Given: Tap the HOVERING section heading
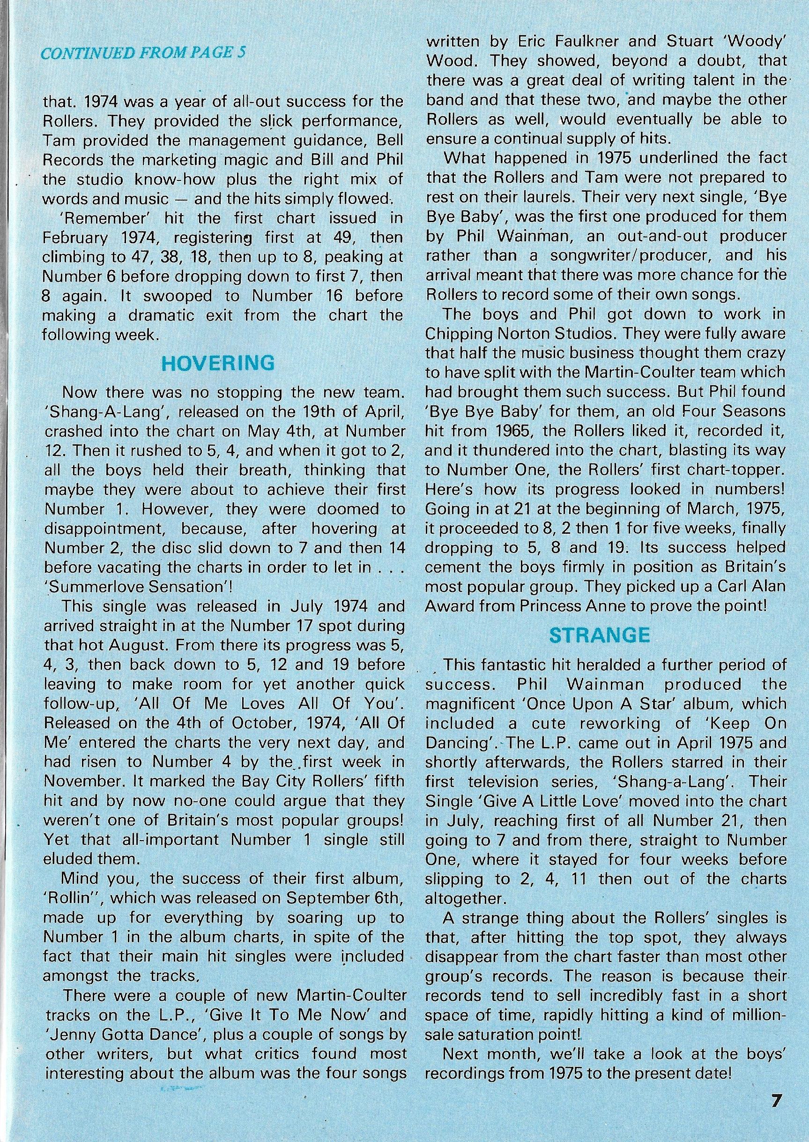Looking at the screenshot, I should tap(219, 363).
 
